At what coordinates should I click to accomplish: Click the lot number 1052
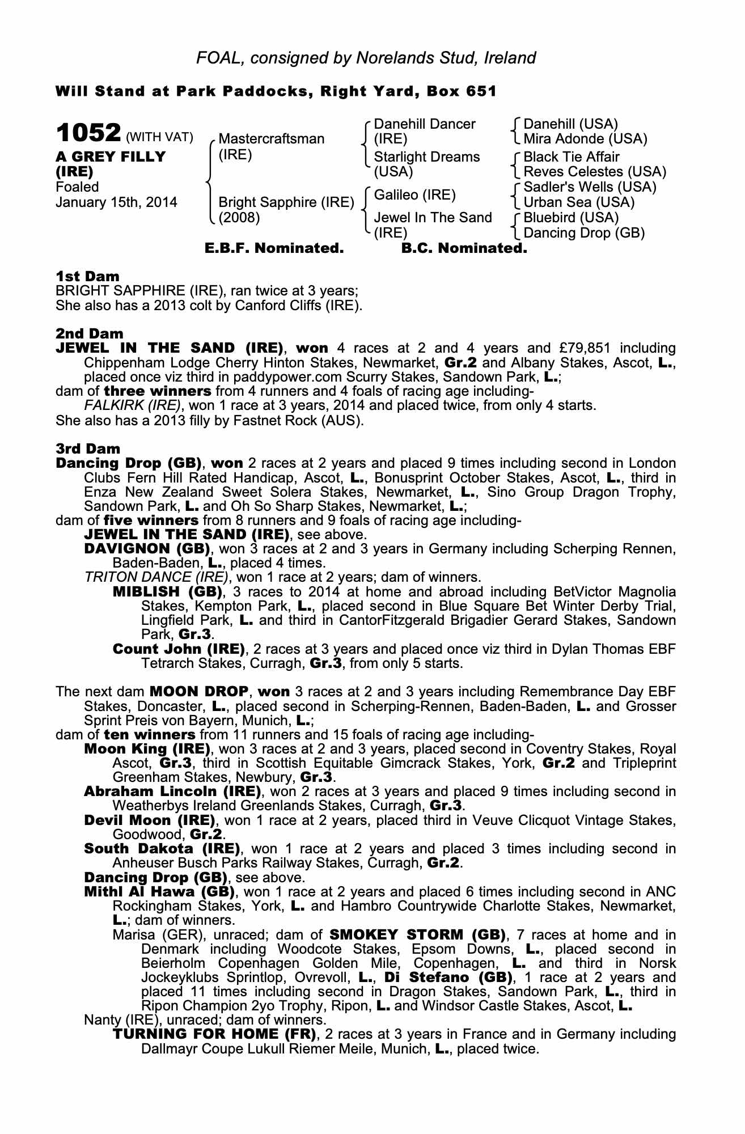(88, 134)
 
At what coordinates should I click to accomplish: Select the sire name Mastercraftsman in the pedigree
(271, 139)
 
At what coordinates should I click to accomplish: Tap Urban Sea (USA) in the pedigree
(579, 202)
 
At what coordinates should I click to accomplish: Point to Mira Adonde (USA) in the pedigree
(585, 139)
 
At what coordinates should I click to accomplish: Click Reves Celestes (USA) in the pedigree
(595, 172)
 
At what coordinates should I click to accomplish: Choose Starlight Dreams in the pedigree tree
(427, 157)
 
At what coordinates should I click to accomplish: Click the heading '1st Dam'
(88, 277)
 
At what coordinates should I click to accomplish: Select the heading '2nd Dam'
(90, 333)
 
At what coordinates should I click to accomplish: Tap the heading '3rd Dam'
(88, 449)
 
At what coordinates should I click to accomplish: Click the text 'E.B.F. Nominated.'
(274, 248)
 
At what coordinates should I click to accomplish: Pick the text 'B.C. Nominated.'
(464, 248)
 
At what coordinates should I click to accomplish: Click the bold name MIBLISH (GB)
(167, 592)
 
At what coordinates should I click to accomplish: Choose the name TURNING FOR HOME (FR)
(214, 1034)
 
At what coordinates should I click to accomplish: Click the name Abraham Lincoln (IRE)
(172, 791)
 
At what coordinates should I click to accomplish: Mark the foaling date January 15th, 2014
(116, 202)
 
